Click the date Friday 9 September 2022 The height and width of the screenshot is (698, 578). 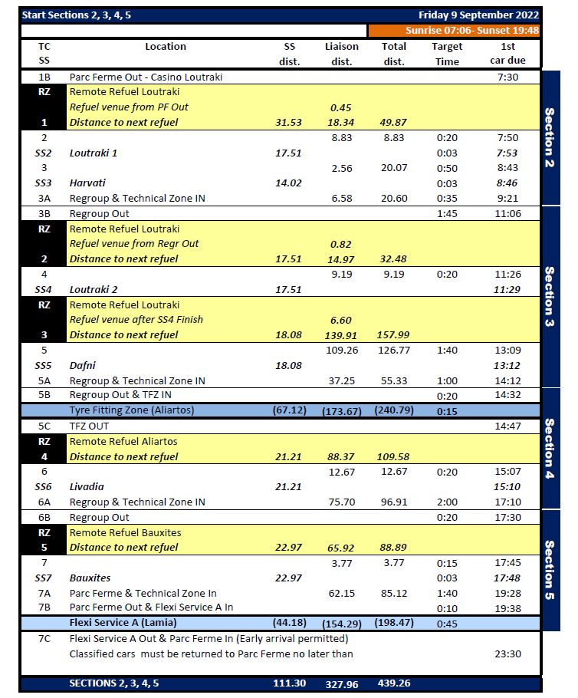(x=478, y=15)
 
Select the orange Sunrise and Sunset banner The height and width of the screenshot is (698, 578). (x=455, y=31)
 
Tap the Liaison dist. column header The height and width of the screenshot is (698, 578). (x=341, y=54)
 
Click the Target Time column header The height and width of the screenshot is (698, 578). (x=446, y=54)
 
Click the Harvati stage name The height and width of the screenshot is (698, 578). (x=87, y=183)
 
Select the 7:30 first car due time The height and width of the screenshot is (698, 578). (x=507, y=77)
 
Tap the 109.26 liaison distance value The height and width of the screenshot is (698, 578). (x=341, y=350)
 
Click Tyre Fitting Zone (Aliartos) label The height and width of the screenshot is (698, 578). (x=132, y=410)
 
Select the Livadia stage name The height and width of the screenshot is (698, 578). (x=87, y=486)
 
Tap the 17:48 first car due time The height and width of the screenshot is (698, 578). (x=507, y=578)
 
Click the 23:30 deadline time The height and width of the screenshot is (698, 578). (x=507, y=654)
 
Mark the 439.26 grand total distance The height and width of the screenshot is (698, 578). (x=394, y=683)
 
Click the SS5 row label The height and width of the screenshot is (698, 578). (x=44, y=365)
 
